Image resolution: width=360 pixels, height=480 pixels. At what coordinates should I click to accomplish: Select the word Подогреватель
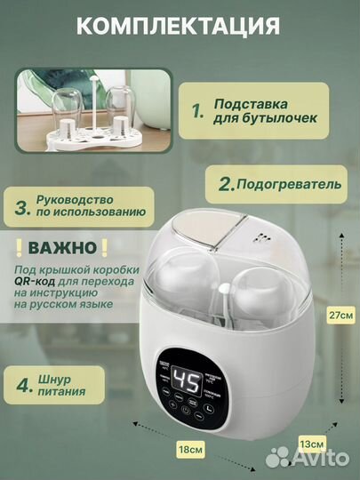point(289,185)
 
